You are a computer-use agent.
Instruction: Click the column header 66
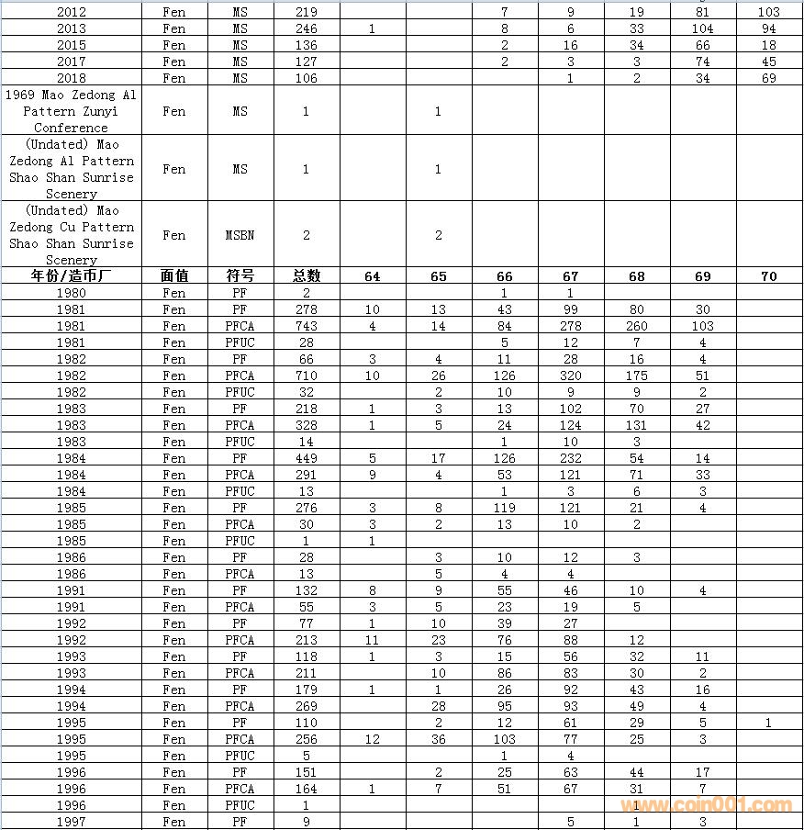pyautogui.click(x=504, y=276)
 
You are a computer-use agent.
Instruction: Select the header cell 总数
pyautogui.click(x=307, y=276)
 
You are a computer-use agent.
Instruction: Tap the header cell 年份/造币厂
pyautogui.click(x=71, y=276)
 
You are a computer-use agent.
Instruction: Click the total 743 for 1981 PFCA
pyautogui.click(x=307, y=326)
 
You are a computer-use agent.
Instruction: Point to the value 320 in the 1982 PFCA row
pyautogui.click(x=570, y=376)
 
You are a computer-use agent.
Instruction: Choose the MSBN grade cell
pyautogui.click(x=240, y=235)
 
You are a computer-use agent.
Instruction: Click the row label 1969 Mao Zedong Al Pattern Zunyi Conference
pyautogui.click(x=71, y=111)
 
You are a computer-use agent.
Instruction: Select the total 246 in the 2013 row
pyautogui.click(x=307, y=28)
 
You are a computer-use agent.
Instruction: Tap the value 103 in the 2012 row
pyautogui.click(x=769, y=12)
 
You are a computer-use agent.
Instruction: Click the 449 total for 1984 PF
pyautogui.click(x=307, y=458)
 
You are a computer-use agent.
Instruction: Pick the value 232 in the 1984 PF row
pyautogui.click(x=570, y=458)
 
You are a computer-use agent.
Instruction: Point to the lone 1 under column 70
pyautogui.click(x=769, y=723)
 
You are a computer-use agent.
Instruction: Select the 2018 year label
pyautogui.click(x=71, y=78)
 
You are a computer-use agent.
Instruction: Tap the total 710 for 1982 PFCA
pyautogui.click(x=307, y=376)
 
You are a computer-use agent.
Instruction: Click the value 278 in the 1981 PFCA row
pyautogui.click(x=570, y=326)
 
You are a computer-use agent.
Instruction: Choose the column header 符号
pyautogui.click(x=240, y=276)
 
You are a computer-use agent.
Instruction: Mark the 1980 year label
pyautogui.click(x=71, y=293)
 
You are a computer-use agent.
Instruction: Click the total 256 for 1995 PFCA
pyautogui.click(x=307, y=739)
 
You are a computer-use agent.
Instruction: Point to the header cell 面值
pyautogui.click(x=173, y=276)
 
